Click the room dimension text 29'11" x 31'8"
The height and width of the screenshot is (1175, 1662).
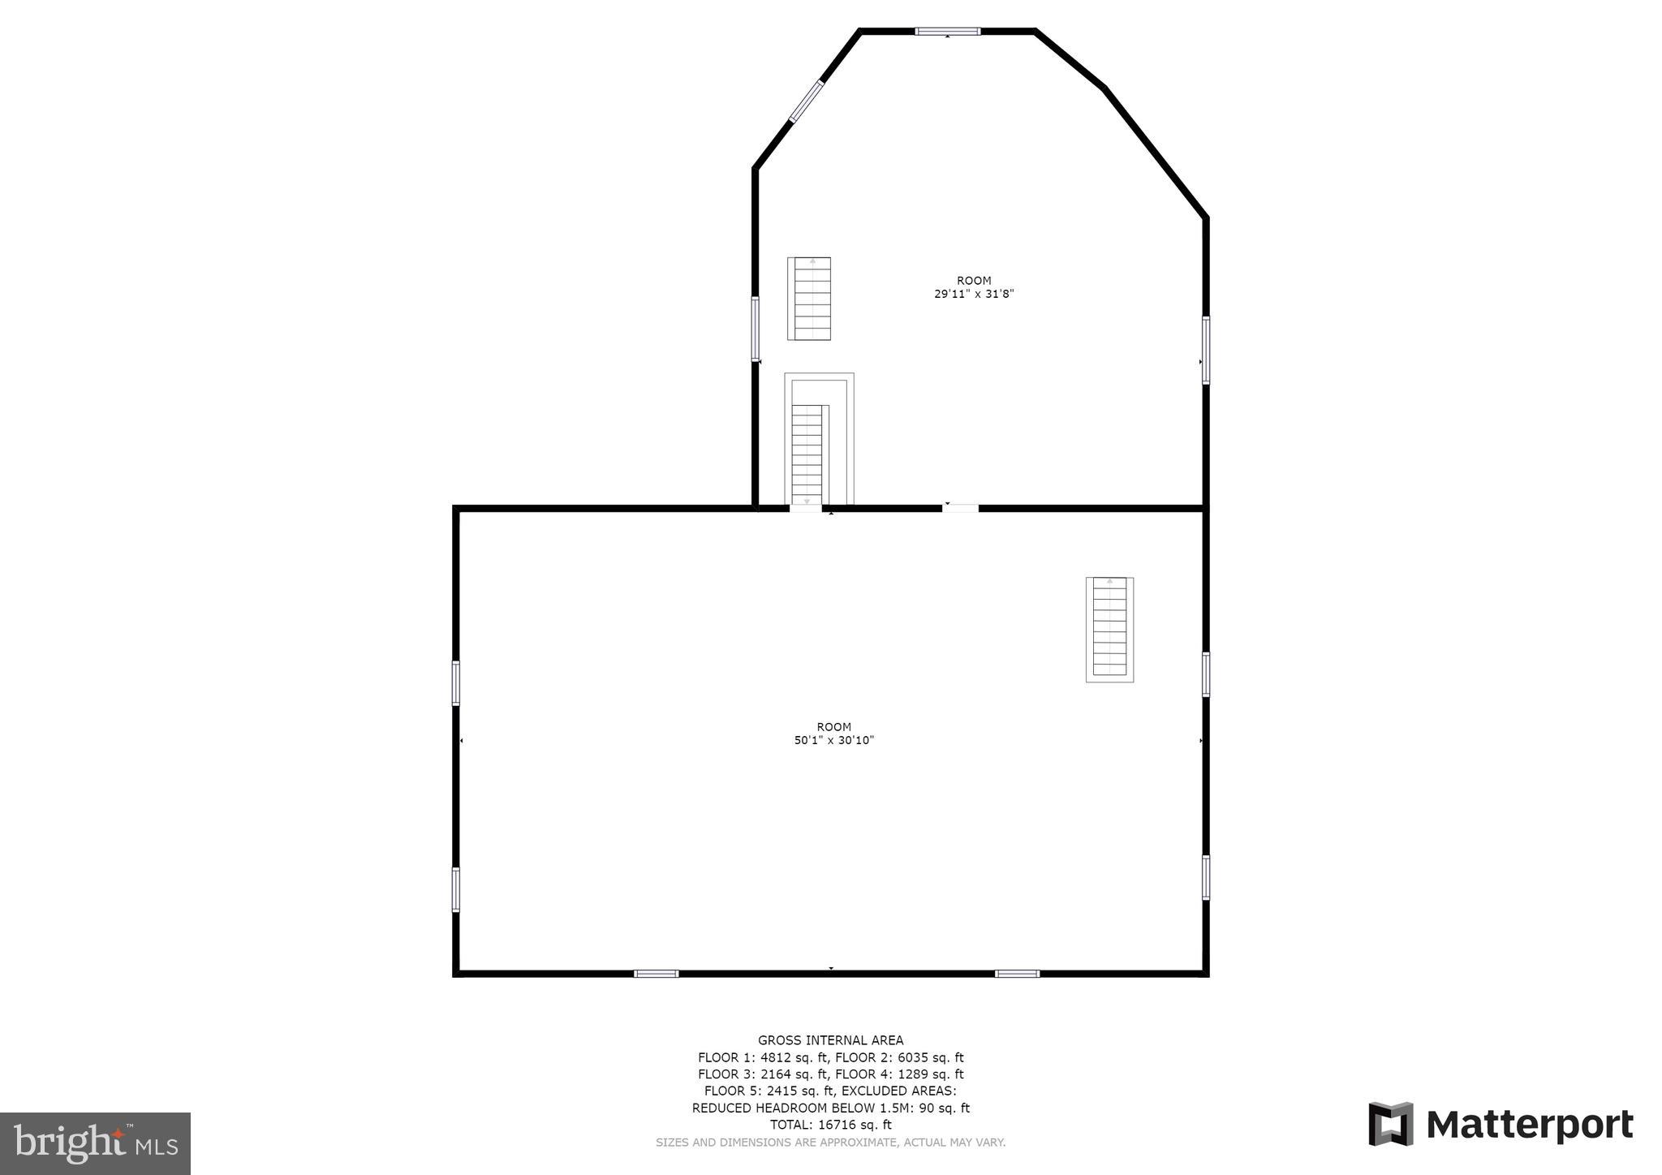[974, 295]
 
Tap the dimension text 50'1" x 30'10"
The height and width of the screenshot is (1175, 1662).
[833, 741]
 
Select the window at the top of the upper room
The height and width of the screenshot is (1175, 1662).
[947, 32]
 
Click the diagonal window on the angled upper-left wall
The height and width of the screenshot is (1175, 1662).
[806, 101]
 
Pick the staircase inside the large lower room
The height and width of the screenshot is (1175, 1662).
[1109, 629]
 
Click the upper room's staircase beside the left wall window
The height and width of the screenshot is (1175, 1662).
[809, 299]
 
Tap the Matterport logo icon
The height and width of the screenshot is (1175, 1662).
[1390, 1124]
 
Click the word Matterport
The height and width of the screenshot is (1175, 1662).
[1529, 1125]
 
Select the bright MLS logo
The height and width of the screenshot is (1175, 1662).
[95, 1143]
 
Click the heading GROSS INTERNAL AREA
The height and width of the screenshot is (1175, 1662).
[830, 1040]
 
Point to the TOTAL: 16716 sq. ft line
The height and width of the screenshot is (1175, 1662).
[830, 1125]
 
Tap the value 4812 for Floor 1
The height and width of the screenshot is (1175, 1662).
[772, 1057]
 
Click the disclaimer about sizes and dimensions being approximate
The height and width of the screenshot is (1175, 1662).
[830, 1143]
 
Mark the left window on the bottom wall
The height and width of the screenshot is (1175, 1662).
[656, 974]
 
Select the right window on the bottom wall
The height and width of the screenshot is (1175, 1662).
[1017, 974]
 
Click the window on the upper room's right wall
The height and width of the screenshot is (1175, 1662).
[1206, 350]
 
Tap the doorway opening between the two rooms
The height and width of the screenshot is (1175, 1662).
[960, 509]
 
